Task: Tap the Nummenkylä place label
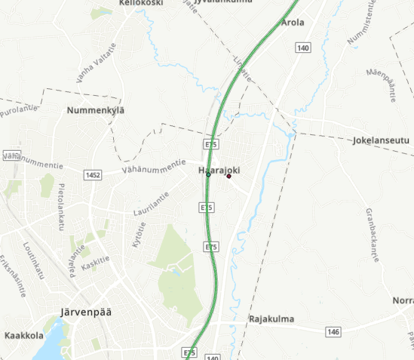click(95, 111)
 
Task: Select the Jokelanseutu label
click(380, 140)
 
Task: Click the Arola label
click(293, 23)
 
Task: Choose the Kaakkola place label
click(23, 334)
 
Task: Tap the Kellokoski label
click(142, 3)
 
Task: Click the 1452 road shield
click(94, 175)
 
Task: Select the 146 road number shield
click(334, 331)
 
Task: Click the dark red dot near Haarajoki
click(228, 176)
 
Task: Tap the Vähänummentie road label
click(156, 165)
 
